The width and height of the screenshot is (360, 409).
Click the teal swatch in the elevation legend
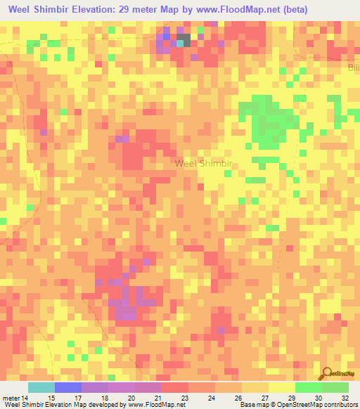click(41, 387)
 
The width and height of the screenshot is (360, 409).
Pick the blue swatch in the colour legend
click(68, 387)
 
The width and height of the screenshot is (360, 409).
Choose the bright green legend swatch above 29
click(308, 387)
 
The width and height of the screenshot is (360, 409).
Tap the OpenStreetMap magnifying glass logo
click(326, 373)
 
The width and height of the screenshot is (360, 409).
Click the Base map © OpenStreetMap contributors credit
click(297, 405)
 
